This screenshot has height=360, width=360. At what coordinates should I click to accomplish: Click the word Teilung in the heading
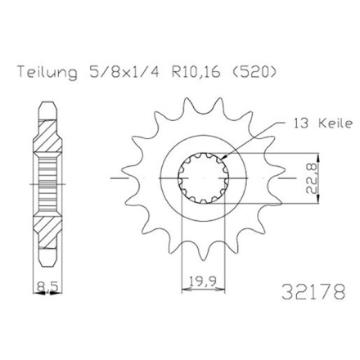pyautogui.click(x=47, y=73)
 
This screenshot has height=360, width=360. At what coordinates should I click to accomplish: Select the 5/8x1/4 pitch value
pyautogui.click(x=124, y=73)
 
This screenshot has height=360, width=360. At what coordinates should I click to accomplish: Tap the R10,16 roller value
pyautogui.click(x=196, y=73)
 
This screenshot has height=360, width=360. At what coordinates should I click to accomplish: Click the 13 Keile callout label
pyautogui.click(x=322, y=124)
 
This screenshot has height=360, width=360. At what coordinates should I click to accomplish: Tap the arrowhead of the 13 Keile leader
pyautogui.click(x=223, y=158)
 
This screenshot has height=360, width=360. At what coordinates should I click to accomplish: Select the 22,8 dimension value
pyautogui.click(x=311, y=178)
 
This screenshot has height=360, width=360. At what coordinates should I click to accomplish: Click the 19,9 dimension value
pyautogui.click(x=203, y=281)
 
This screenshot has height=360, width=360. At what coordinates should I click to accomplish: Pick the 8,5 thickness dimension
pyautogui.click(x=47, y=286)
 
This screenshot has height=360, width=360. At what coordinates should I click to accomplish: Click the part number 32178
pyautogui.click(x=313, y=292)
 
